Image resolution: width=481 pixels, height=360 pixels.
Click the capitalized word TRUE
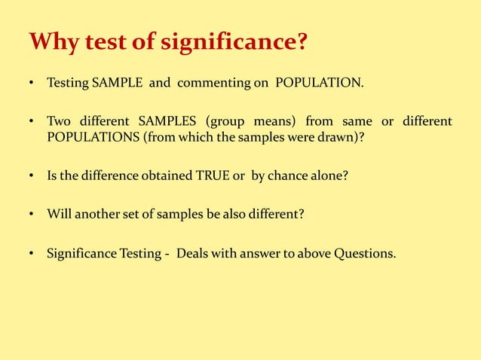click(214, 175)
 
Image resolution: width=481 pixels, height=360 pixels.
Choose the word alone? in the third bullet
click(329, 175)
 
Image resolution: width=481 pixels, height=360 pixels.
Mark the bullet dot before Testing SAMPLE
click(32, 83)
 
